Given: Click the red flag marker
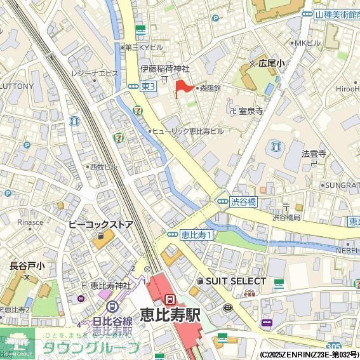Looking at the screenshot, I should [182, 87].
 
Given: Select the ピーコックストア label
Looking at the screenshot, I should [101, 225].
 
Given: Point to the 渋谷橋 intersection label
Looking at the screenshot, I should [243, 202].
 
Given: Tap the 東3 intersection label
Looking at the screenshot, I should [148, 87].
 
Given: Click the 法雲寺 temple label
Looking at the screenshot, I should [314, 154].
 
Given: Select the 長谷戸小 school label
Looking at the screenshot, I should [26, 266].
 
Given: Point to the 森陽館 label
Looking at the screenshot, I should [210, 88].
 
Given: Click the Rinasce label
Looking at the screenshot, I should [30, 222].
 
